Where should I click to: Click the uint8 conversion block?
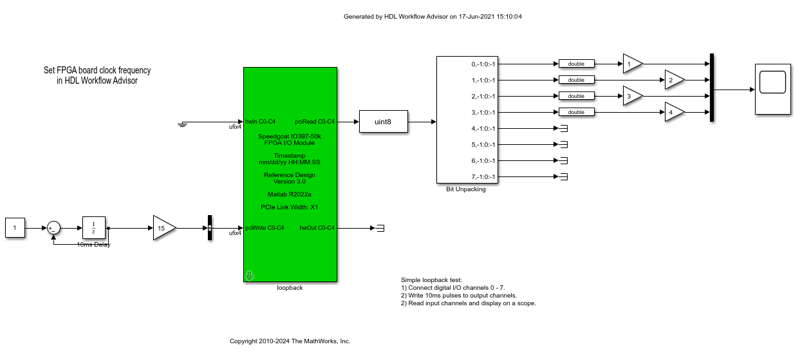coord(383,121)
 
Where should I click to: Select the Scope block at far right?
coord(772,90)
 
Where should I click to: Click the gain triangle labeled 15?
coord(163,228)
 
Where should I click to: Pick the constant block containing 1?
coord(15,228)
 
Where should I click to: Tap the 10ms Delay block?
coord(94,228)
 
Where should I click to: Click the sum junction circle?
coord(53,228)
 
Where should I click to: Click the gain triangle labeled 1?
coord(631,64)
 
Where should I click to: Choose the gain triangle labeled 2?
coord(673,80)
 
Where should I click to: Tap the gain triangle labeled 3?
coord(631,96)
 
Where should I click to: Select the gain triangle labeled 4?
coord(673,112)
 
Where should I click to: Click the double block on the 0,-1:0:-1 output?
coord(576,64)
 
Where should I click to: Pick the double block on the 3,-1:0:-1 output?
coord(576,112)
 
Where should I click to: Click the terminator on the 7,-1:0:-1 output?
coord(563,176)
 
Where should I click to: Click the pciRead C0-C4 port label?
coord(315,121)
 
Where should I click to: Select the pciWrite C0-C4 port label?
coord(265,228)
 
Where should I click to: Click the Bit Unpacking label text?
coord(465,189)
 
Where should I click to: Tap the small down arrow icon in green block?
coord(250,276)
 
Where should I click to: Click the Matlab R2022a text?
coord(290,194)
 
